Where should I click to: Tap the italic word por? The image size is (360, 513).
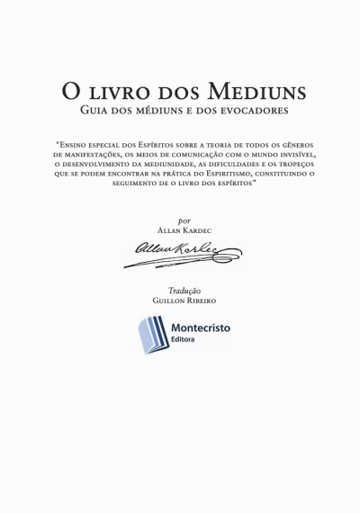coord(184,220)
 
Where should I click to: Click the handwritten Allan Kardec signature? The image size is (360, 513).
coord(182,253)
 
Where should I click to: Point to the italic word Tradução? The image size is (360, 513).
coord(184,291)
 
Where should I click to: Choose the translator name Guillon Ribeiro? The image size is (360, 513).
coord(184,301)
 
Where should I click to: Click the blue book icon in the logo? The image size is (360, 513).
coord(152,334)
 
